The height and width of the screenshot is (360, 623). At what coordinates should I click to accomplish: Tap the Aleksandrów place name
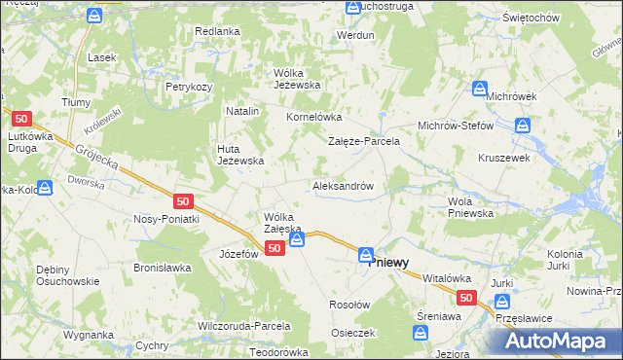(343, 185)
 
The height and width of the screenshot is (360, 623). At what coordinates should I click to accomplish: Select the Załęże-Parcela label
(363, 141)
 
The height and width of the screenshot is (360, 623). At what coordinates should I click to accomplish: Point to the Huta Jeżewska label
(239, 155)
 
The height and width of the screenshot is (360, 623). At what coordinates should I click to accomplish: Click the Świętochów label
(558, 18)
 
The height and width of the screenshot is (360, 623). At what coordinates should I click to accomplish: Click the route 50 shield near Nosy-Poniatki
(185, 201)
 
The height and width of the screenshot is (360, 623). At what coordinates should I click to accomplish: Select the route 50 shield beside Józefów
(275, 249)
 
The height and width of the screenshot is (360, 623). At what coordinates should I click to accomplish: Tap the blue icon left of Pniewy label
(365, 255)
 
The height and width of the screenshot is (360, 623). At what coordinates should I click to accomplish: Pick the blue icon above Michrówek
(479, 89)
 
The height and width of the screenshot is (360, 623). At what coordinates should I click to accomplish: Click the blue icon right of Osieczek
(420, 334)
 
